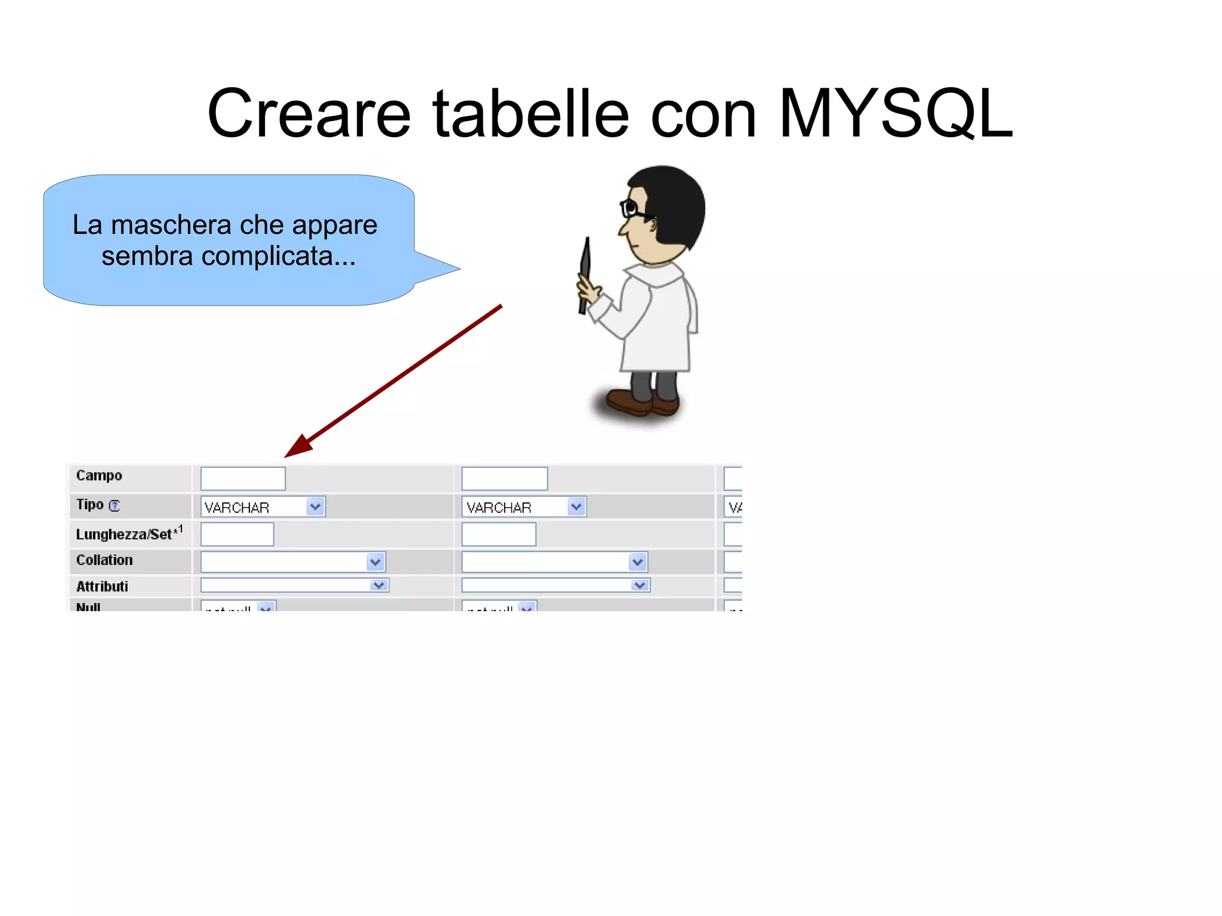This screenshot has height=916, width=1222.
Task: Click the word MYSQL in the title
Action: click(x=895, y=113)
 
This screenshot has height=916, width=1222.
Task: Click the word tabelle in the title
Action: click(x=530, y=113)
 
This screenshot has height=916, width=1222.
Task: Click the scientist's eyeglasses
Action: click(x=632, y=209)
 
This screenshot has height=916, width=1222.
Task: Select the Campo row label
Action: click(x=99, y=476)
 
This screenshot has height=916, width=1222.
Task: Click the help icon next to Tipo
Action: click(x=115, y=505)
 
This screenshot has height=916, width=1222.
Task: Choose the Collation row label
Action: click(x=104, y=560)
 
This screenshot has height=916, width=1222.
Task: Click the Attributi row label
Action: click(x=102, y=586)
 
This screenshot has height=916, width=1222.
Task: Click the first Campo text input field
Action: click(x=243, y=479)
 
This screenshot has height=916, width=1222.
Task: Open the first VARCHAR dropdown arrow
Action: click(x=315, y=507)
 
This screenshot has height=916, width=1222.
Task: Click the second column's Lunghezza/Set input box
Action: click(x=499, y=534)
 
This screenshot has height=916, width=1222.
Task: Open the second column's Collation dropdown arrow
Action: click(x=637, y=562)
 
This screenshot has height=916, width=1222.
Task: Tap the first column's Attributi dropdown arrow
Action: click(x=379, y=585)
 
